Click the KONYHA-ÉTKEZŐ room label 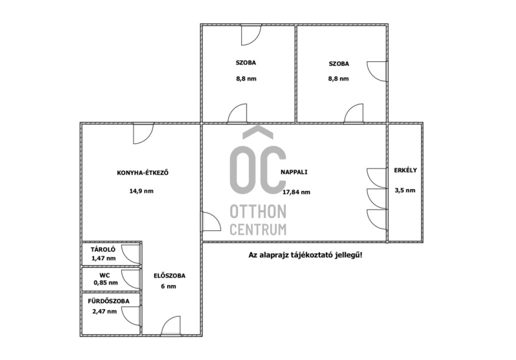tap(143, 172)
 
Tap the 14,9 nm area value tap(141, 191)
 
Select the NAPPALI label tap(294, 172)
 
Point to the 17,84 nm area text tap(296, 192)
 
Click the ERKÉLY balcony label tap(406, 170)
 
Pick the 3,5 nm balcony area tap(405, 190)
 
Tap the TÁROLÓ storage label tap(103, 250)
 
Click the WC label tap(104, 275)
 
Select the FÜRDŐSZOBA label tap(108, 301)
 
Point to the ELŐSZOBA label tap(170, 275)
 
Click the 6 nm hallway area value tap(168, 286)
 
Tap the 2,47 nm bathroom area tap(104, 312)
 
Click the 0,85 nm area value tap(106, 283)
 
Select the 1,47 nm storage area tap(104, 258)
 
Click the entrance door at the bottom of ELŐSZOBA tap(170, 326)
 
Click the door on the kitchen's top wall tap(143, 134)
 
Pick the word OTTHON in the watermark tap(258, 212)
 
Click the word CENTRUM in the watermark tap(258, 230)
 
